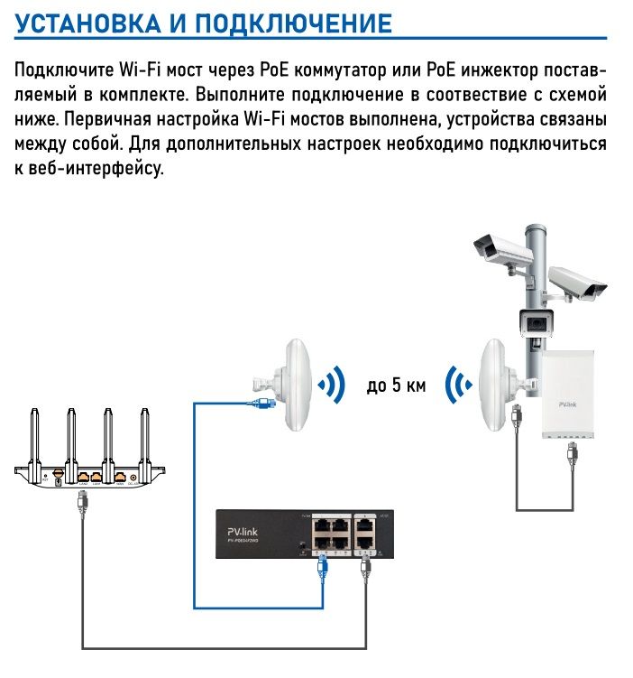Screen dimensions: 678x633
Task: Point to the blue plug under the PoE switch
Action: pyautogui.click(x=323, y=568)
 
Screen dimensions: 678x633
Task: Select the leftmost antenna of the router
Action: pyautogui.click(x=35, y=437)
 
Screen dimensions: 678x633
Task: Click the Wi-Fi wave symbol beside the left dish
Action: pyautogui.click(x=332, y=385)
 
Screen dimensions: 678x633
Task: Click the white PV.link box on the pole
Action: pyautogui.click(x=569, y=395)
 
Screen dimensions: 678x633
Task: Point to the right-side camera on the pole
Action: pyautogui.click(x=577, y=283)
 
